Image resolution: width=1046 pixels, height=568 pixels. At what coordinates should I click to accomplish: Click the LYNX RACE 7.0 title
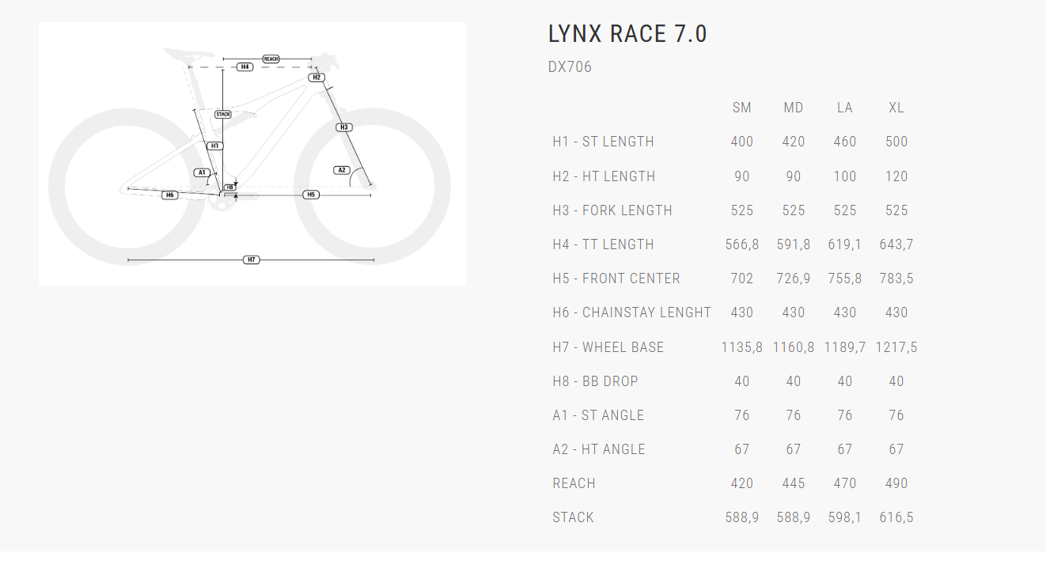627,34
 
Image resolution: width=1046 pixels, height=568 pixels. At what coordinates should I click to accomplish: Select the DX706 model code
570,67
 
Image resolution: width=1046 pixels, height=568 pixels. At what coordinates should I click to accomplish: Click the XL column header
896,108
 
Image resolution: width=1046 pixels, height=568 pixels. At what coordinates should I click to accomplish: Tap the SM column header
741,108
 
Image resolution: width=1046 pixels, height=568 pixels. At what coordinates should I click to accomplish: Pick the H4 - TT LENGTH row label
603,244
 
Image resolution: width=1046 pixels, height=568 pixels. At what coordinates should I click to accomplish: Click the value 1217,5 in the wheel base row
896,347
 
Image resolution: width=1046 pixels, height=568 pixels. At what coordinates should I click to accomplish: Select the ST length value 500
896,142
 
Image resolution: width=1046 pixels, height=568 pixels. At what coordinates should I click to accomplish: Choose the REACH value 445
793,483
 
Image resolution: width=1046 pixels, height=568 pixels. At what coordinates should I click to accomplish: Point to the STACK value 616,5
896,518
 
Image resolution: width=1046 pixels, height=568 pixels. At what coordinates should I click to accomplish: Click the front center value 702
741,278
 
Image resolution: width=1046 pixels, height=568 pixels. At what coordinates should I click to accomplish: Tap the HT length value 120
896,176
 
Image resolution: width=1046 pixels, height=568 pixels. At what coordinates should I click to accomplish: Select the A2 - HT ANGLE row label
598,449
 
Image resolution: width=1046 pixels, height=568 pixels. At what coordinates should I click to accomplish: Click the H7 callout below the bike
251,259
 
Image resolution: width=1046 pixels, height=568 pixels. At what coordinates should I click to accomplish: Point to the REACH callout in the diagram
271,59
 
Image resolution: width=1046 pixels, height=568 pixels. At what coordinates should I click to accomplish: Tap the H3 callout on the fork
343,127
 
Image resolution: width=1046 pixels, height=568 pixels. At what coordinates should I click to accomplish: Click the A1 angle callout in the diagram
202,172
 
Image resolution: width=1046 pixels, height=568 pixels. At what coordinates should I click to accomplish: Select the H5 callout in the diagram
311,195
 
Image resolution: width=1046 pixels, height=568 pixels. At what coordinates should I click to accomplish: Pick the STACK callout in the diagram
223,115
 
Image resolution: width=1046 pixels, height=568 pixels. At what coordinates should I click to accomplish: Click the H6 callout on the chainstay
169,195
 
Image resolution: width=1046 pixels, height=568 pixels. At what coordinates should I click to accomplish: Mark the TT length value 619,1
844,244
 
